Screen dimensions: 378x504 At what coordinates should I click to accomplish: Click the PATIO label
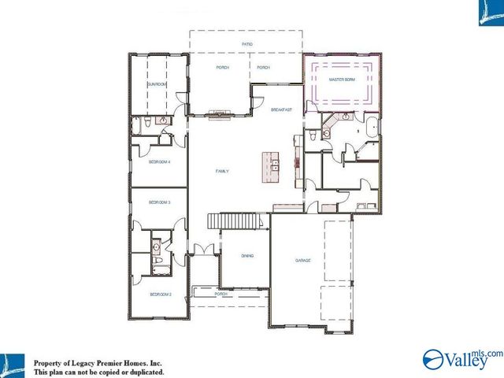(246, 44)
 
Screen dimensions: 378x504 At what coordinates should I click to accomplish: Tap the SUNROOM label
(157, 83)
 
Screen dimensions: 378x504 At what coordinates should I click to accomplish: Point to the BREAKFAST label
(281, 109)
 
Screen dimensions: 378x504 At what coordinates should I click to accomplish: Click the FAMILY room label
(224, 170)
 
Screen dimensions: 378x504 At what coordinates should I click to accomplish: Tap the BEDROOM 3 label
(160, 202)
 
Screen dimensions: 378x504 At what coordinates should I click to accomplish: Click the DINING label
(247, 256)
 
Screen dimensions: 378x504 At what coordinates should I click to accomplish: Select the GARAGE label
(303, 259)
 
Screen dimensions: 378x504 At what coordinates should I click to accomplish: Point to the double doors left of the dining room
(203, 250)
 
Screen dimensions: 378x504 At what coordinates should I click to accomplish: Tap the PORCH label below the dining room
(221, 294)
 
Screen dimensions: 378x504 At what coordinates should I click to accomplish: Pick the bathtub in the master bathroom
(372, 128)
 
